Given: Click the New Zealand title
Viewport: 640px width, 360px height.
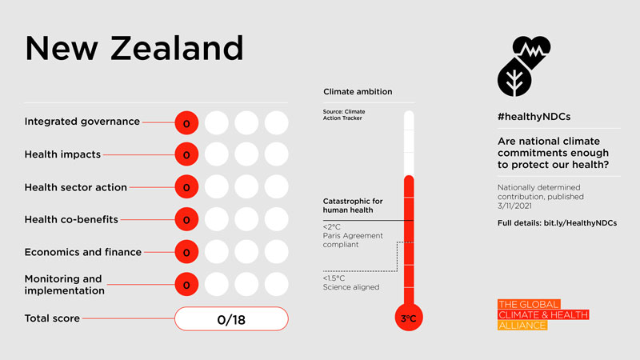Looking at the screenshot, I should [134, 49].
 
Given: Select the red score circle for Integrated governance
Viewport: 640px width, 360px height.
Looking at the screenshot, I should [186, 123].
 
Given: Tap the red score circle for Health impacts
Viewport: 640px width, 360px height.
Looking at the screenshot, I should [186, 155].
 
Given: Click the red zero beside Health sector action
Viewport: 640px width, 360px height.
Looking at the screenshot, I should [186, 188].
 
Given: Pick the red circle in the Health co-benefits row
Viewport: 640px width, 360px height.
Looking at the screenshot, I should [186, 220].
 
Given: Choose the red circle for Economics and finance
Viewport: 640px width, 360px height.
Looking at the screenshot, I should [186, 253].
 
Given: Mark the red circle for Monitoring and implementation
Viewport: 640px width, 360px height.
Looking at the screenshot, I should [186, 285].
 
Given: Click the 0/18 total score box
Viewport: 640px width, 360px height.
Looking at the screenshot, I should [230, 319].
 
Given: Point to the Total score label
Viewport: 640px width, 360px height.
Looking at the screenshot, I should [52, 318].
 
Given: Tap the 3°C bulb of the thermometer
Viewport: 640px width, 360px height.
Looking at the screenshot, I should [409, 318].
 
